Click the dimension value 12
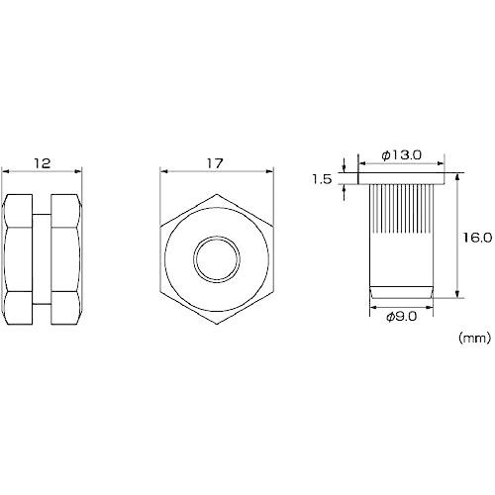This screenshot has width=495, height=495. coord(42,163)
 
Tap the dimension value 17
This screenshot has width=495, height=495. coord(215,163)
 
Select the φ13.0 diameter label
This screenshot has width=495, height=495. coord(401,155)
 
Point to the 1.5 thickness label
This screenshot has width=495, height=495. coord(322,179)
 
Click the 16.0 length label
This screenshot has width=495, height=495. coord(477,238)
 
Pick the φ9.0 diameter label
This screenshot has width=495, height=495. coord(401,317)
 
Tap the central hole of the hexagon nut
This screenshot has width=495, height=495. coord(217,258)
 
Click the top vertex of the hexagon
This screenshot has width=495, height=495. coord(217,194)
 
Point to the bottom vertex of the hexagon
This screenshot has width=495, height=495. coord(217,324)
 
